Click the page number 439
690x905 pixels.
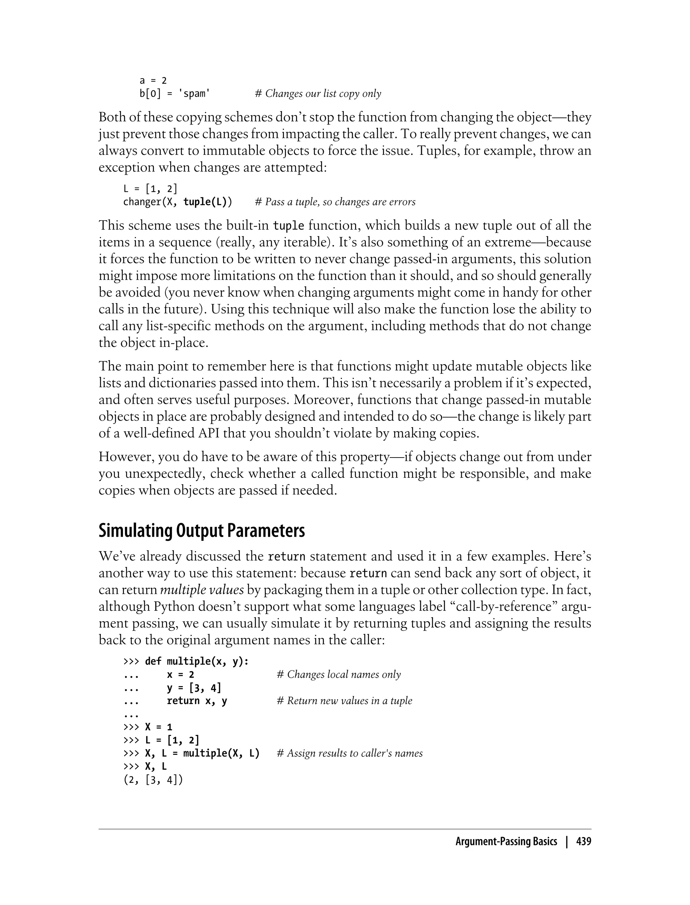[x=584, y=842]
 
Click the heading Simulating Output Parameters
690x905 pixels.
[x=202, y=531]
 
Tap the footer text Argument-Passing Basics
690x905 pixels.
[x=506, y=842]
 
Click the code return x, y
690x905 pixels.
[x=197, y=701]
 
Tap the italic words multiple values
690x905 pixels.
[x=202, y=590]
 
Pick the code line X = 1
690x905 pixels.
[x=159, y=727]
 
